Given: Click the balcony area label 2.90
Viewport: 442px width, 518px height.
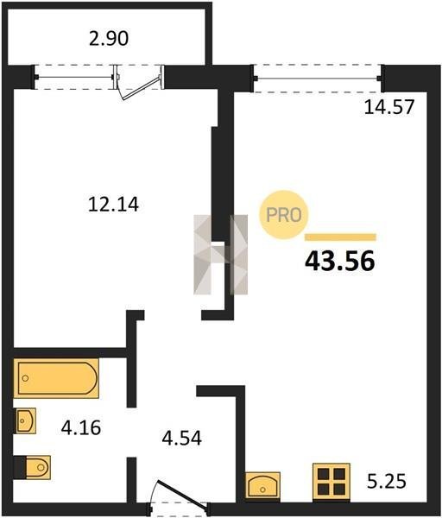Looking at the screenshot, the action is pos(109,38).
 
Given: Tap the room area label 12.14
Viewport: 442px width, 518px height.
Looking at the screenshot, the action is pos(113,204).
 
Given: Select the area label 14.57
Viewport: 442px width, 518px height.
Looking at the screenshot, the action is pos(389,107).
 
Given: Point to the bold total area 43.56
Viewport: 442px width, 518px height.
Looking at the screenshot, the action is pos(340,261).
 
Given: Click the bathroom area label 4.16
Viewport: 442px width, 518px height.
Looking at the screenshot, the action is pos(81,428).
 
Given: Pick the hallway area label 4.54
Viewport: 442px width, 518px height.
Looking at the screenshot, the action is pos(181,439).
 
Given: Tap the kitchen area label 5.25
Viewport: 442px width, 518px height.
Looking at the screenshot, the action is pos(387,481).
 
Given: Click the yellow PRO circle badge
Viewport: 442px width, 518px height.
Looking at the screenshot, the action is pos(284,215).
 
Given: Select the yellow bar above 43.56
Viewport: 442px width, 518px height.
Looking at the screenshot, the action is pos(340,237).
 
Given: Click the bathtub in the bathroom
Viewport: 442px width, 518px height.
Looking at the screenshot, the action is pos(56,378).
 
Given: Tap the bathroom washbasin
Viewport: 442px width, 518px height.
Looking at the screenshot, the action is pos(25,420).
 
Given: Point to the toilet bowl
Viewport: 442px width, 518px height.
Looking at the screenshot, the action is pos(33,467).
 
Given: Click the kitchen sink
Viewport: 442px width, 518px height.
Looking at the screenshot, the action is pos(262,485).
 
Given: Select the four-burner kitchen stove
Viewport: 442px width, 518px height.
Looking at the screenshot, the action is pos(331,481).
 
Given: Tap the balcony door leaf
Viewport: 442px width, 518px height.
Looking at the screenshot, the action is pos(142,88).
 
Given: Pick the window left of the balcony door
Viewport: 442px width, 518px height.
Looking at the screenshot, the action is pos(75,78).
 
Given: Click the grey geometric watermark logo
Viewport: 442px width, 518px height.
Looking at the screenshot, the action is pos(221,255).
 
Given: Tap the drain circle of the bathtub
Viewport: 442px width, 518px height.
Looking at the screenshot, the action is pos(25,378).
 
